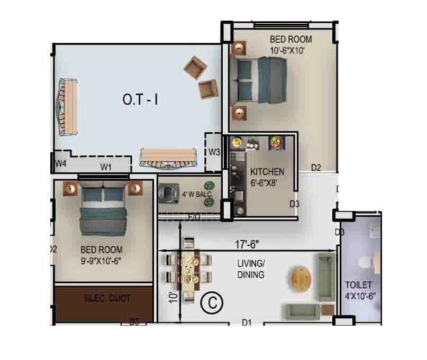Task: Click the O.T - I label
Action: (x=140, y=99)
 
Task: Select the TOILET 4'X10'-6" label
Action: (x=360, y=290)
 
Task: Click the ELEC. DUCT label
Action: (x=107, y=298)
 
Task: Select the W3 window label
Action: (x=214, y=152)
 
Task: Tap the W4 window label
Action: (x=61, y=163)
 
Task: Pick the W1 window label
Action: (x=106, y=167)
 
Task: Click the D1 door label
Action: (x=247, y=321)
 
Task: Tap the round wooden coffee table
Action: (x=301, y=277)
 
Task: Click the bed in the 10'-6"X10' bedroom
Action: (x=260, y=79)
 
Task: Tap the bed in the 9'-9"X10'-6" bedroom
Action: (x=104, y=211)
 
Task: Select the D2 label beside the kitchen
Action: (x=316, y=168)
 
